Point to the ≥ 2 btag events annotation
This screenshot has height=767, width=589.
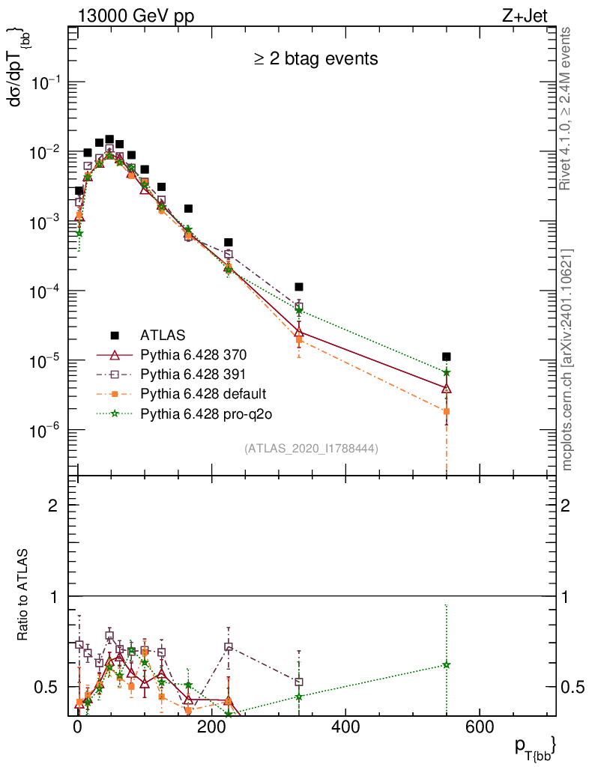click(x=314, y=58)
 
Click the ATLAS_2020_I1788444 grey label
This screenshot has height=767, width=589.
click(x=311, y=449)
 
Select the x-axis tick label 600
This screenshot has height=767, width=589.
click(x=479, y=727)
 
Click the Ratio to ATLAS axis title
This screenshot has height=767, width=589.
click(x=22, y=596)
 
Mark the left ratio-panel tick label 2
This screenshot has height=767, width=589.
click(x=55, y=506)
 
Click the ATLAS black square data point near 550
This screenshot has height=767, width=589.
click(x=447, y=357)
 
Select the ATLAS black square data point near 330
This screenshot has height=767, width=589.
click(x=299, y=287)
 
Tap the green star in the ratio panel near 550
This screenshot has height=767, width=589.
click(x=447, y=664)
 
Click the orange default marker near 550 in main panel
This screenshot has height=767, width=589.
click(x=447, y=411)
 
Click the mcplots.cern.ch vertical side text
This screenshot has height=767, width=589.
click(x=567, y=360)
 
